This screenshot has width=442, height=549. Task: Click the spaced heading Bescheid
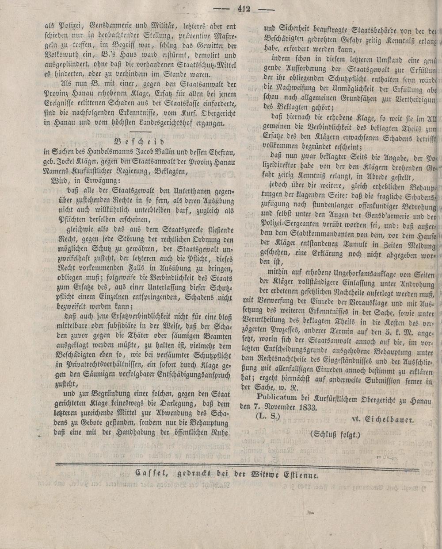tap(139, 142)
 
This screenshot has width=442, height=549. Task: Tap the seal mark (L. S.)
tap(268, 418)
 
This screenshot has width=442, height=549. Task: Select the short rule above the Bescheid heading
tap(139, 132)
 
